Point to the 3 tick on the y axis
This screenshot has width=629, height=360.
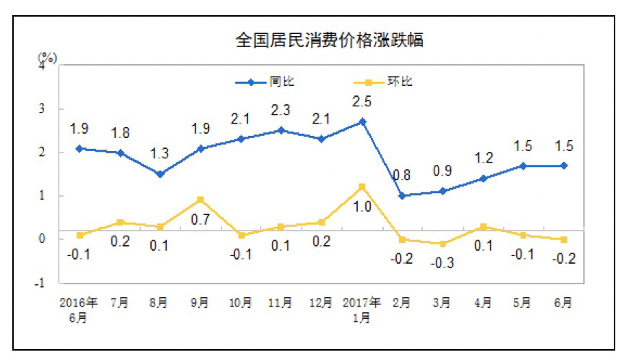(42, 108)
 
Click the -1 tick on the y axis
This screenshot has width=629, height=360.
(40, 283)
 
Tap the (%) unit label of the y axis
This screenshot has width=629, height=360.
(46, 56)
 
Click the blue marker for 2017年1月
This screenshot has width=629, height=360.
(362, 121)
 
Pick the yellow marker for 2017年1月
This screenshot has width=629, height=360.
(362, 187)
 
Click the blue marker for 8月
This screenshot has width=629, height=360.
(160, 173)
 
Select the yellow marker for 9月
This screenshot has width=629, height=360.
(200, 200)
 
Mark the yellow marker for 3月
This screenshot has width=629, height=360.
(442, 244)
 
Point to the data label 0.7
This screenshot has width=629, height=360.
(200, 218)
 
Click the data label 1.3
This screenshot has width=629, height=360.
(161, 154)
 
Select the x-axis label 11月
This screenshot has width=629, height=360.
(281, 301)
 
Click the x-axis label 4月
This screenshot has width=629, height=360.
(484, 301)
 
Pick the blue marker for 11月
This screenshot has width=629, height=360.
(281, 131)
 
